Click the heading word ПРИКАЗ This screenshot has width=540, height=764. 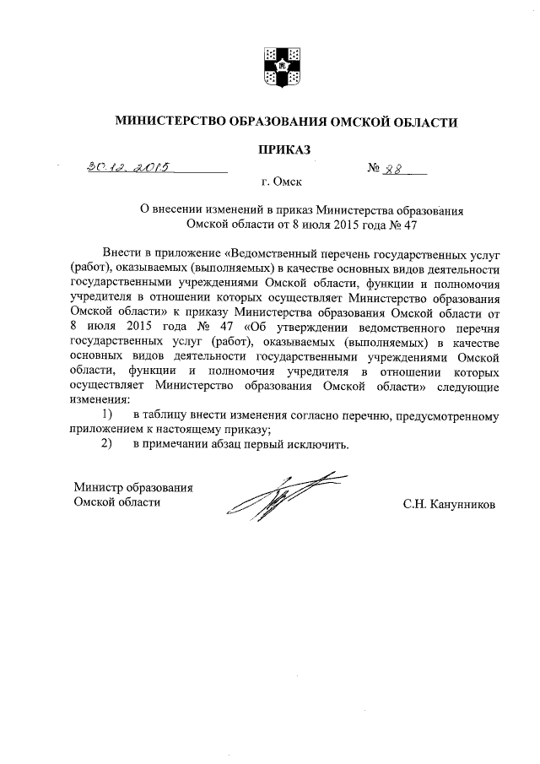pyautogui.click(x=284, y=149)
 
